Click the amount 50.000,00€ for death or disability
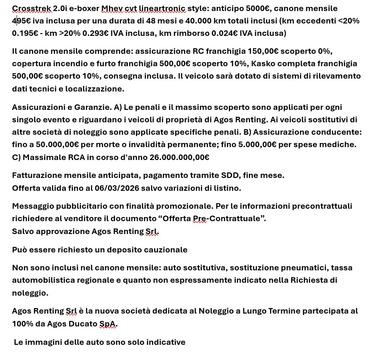click(58, 144)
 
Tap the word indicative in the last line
click(165, 342)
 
